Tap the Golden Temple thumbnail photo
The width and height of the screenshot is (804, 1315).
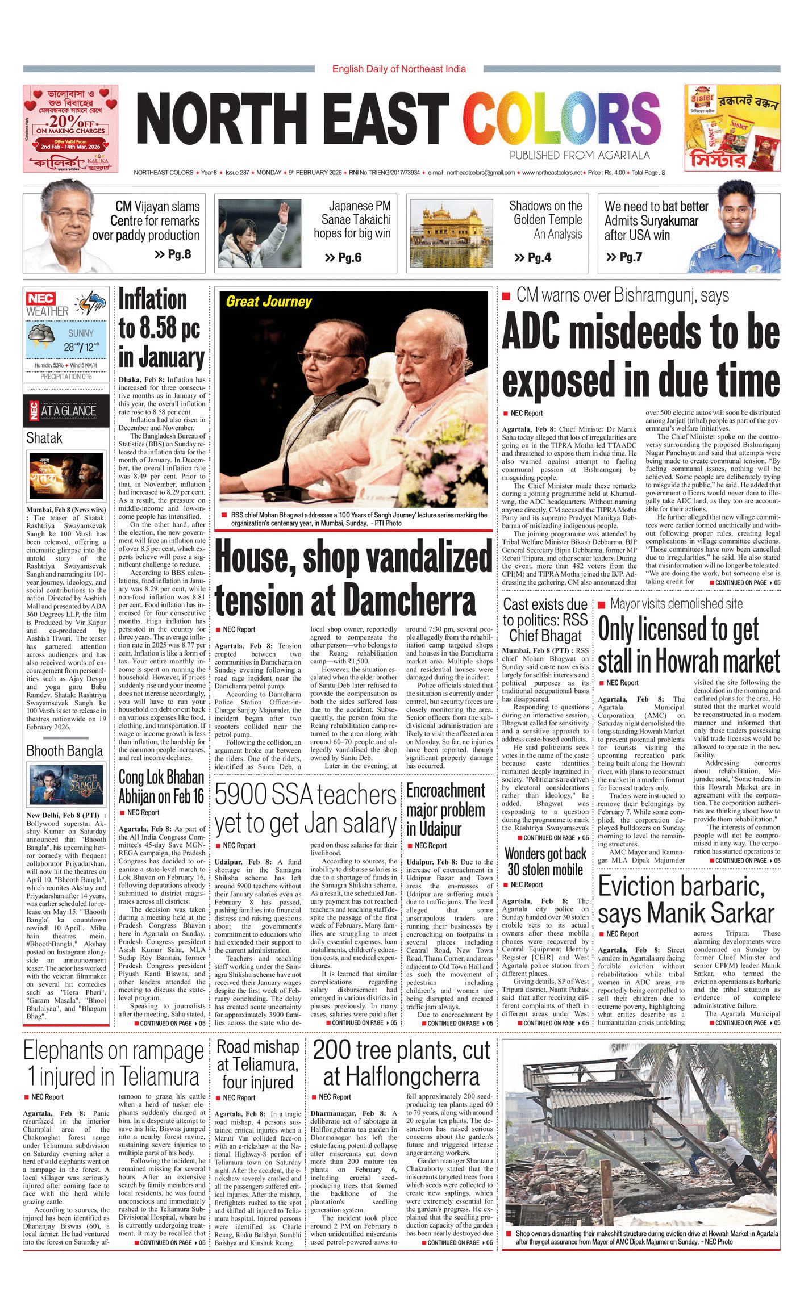pos(451,233)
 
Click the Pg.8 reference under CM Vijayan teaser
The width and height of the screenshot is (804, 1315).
pos(173,254)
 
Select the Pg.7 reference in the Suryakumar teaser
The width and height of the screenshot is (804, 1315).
pos(624,257)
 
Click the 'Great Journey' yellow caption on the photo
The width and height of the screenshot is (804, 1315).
pos(269,302)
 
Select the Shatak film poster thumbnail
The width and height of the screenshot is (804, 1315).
pos(66,475)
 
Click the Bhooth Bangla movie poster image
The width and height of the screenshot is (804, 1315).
pos(66,785)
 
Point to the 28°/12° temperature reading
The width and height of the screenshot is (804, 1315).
pos(81,347)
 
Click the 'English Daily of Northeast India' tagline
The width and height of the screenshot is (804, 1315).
pos(399,69)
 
